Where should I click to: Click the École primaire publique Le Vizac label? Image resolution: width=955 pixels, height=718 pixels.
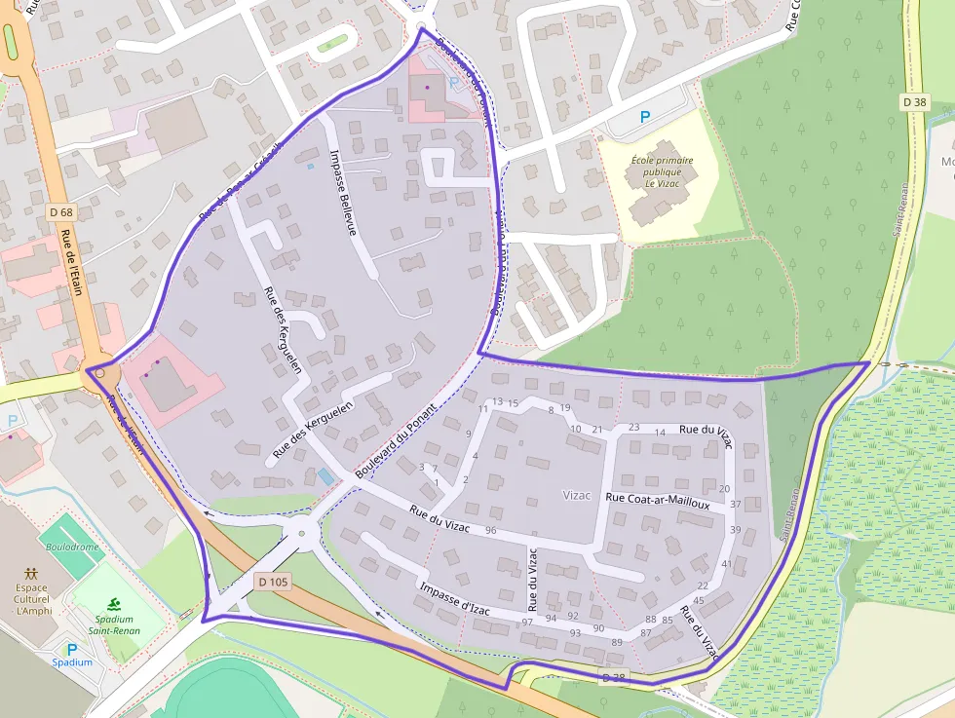(x=662, y=170)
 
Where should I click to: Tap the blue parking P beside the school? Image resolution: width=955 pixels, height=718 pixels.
(x=644, y=117)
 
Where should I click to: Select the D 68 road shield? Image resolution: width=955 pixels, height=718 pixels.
(x=60, y=212)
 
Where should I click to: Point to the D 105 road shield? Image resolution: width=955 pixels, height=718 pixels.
(x=274, y=582)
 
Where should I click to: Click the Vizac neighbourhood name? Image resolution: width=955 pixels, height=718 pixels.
(x=577, y=495)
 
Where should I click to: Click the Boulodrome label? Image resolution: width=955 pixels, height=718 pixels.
(x=72, y=548)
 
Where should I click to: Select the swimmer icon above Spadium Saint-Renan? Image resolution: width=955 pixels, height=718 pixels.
(x=115, y=604)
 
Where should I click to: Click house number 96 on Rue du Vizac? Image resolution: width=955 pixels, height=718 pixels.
(x=490, y=530)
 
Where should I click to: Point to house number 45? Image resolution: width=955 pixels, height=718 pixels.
(x=698, y=600)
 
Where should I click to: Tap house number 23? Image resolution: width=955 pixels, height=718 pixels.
(x=633, y=427)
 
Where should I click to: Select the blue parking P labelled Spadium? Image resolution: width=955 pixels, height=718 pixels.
(x=71, y=649)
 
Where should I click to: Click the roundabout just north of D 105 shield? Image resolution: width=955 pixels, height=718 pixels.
(x=302, y=532)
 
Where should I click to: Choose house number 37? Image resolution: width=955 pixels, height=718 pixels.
(x=736, y=505)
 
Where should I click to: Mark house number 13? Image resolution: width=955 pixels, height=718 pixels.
(x=497, y=401)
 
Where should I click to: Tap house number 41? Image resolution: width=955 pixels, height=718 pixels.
(x=726, y=564)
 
